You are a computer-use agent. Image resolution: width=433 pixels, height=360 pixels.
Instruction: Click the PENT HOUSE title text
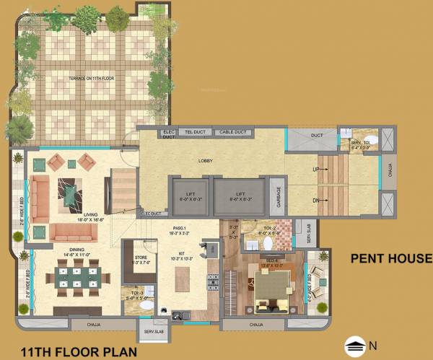[390, 258]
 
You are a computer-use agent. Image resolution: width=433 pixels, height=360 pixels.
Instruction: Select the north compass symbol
[356, 346]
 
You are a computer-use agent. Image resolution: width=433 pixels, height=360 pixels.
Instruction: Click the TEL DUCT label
[196, 133]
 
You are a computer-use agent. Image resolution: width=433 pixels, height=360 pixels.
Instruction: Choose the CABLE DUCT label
[233, 133]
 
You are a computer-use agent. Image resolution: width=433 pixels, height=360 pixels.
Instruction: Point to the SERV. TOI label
[359, 144]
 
